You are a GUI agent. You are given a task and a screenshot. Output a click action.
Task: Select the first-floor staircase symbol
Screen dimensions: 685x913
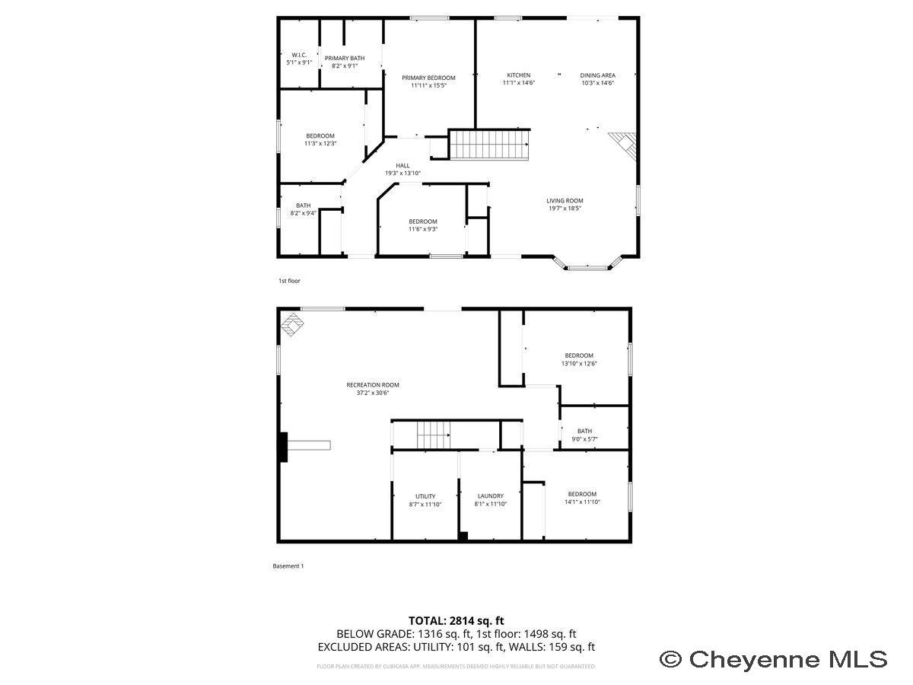click(x=488, y=145)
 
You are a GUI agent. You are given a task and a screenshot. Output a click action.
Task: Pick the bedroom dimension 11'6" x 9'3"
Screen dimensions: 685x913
click(x=422, y=229)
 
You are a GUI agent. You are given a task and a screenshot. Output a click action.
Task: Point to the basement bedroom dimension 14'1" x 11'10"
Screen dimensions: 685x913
click(x=582, y=502)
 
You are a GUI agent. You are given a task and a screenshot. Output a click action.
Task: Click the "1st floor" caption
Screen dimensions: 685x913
click(x=289, y=281)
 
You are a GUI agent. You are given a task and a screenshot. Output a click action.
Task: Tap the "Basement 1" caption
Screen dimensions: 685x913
click(x=288, y=566)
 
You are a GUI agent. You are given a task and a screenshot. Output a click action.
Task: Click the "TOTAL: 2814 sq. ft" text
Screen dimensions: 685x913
click(x=456, y=620)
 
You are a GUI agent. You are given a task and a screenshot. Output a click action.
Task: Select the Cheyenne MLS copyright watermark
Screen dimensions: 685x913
click(x=773, y=658)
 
